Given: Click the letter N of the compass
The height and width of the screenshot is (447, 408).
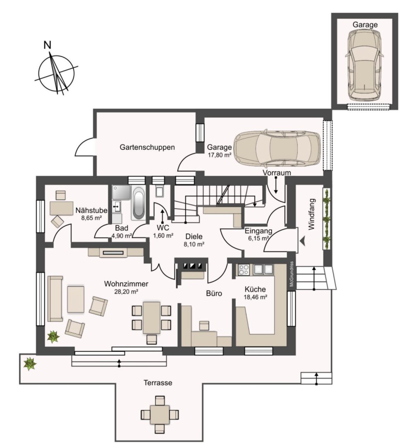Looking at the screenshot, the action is (x=47, y=45).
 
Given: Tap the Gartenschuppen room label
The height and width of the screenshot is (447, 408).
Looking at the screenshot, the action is (x=147, y=147).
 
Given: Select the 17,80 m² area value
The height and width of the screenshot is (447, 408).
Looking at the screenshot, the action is (x=219, y=155).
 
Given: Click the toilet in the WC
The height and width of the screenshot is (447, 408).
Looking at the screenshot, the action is (x=160, y=191).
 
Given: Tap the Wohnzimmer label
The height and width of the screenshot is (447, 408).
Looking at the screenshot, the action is (x=126, y=284).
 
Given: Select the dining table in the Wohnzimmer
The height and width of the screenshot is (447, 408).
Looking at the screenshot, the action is (x=151, y=317).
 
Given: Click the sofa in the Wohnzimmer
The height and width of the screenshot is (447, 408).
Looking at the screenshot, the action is (x=55, y=298).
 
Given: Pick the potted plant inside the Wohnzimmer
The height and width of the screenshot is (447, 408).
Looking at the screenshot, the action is (x=53, y=336).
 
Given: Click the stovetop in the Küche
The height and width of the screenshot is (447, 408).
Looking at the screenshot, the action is (x=243, y=269).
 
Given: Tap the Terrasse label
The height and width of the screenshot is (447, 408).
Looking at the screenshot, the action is (x=158, y=382).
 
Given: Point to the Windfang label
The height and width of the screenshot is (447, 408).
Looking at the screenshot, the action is (x=312, y=214).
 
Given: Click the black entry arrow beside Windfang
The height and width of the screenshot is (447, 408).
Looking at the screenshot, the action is (x=302, y=241).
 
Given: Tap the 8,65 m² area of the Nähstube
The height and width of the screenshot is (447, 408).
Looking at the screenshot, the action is (x=91, y=218).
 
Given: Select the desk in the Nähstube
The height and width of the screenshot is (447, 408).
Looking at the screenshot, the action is (x=62, y=208).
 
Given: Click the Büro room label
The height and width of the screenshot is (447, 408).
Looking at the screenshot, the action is (x=214, y=293).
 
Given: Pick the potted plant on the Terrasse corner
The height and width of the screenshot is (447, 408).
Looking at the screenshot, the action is (x=30, y=364).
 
